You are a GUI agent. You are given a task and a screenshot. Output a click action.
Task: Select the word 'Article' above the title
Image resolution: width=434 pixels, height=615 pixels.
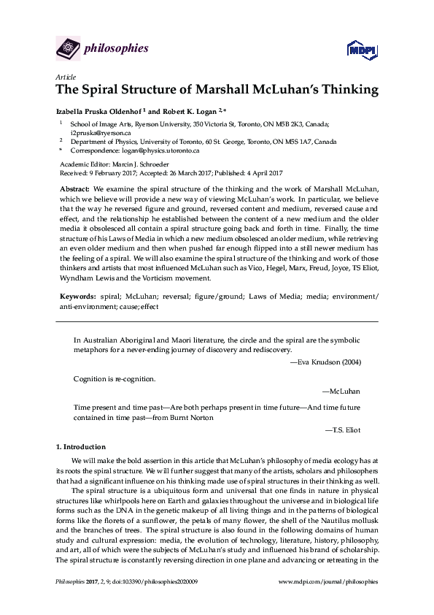pyautogui.click(x=64, y=77)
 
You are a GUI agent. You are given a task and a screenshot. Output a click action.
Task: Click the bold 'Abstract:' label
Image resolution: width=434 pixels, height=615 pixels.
pyautogui.click(x=76, y=188)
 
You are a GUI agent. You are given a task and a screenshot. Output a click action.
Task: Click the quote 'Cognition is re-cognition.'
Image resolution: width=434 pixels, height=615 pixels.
pyautogui.click(x=115, y=379)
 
